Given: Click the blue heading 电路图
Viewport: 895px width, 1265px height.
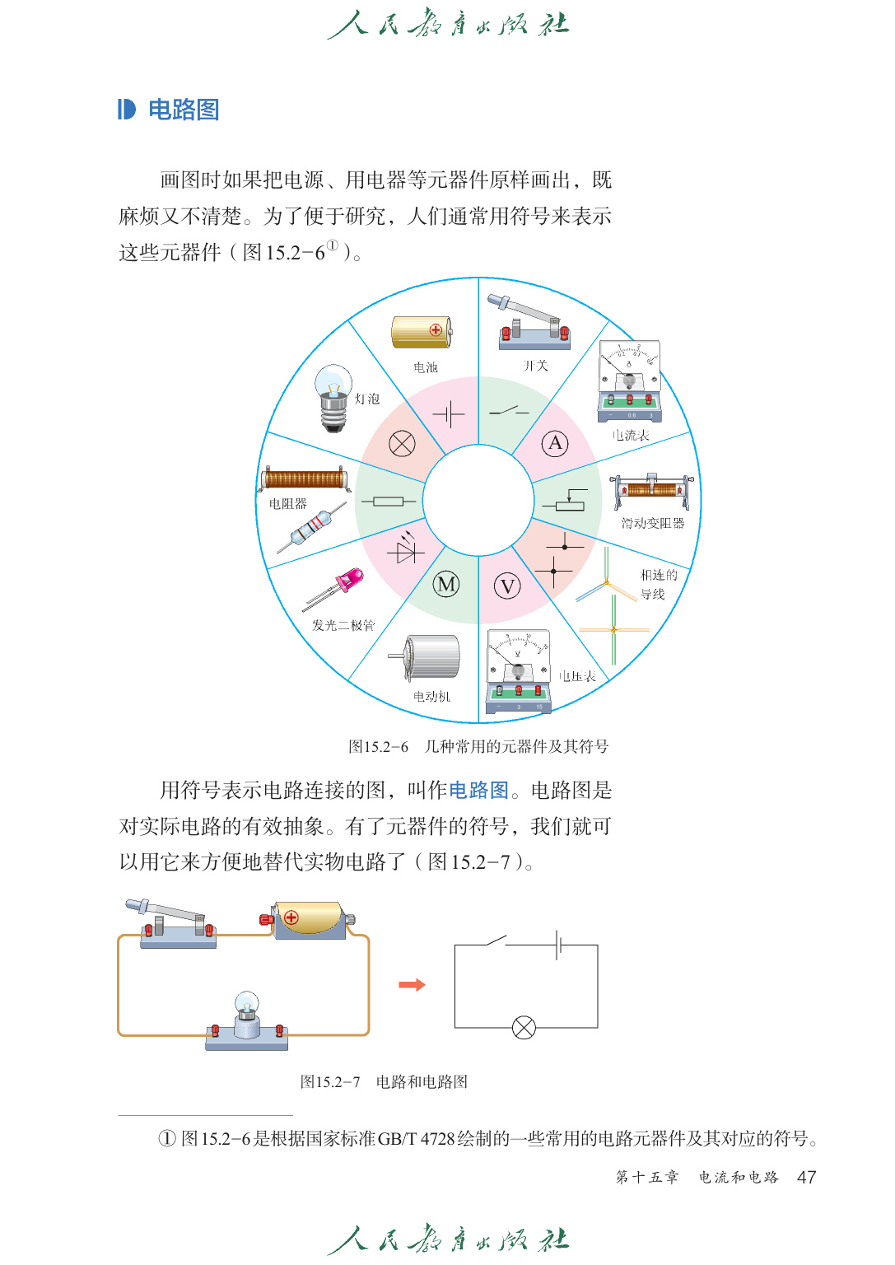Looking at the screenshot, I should coord(183,110).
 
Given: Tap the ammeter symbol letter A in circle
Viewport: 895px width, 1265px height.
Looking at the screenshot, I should coord(555,444).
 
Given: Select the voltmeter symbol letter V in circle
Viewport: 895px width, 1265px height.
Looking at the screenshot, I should coord(507,586).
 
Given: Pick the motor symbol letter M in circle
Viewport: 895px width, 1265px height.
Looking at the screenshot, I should coord(446,585).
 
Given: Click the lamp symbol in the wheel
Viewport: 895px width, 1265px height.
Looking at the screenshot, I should coord(402,444).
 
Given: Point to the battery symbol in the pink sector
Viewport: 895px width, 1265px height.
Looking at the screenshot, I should coord(449,413).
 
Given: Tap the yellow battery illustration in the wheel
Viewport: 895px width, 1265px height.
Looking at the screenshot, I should coord(422,332).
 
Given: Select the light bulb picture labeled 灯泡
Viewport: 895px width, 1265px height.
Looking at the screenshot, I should coord(333,397).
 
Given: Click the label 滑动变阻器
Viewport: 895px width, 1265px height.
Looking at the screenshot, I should coord(652,523).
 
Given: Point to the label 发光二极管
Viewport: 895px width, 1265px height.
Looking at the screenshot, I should coord(343,625).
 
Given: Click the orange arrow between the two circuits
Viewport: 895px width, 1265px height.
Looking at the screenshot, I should coord(412,985).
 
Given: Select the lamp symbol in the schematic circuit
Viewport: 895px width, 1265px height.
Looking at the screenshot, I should coord(524,1027).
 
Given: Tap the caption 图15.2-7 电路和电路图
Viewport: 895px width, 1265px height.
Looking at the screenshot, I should coord(384,1081).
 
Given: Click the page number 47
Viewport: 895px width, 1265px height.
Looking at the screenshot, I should coord(806,1177).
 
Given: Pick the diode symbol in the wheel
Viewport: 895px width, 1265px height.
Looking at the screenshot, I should coord(406,549).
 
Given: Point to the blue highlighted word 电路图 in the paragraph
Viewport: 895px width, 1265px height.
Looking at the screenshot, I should coord(478,791).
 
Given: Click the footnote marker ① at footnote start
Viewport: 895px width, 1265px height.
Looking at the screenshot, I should coord(167,1138).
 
